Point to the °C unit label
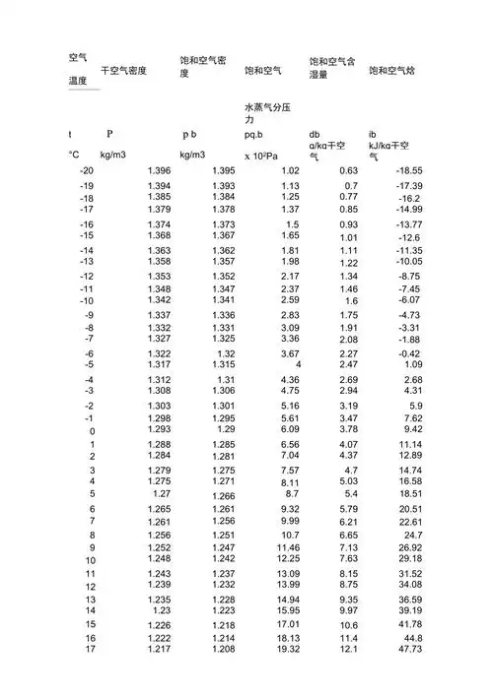[73, 155]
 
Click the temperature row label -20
[87, 171]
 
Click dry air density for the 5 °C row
[163, 493]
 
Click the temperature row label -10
[87, 300]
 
